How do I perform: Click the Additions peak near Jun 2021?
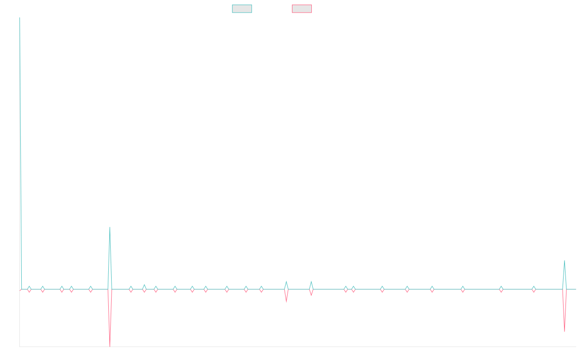click(x=110, y=227)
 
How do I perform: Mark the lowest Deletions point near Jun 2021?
click(x=110, y=346)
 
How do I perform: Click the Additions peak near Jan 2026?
click(x=564, y=260)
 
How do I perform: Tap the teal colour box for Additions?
click(x=242, y=9)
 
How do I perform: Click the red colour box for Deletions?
click(x=302, y=9)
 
